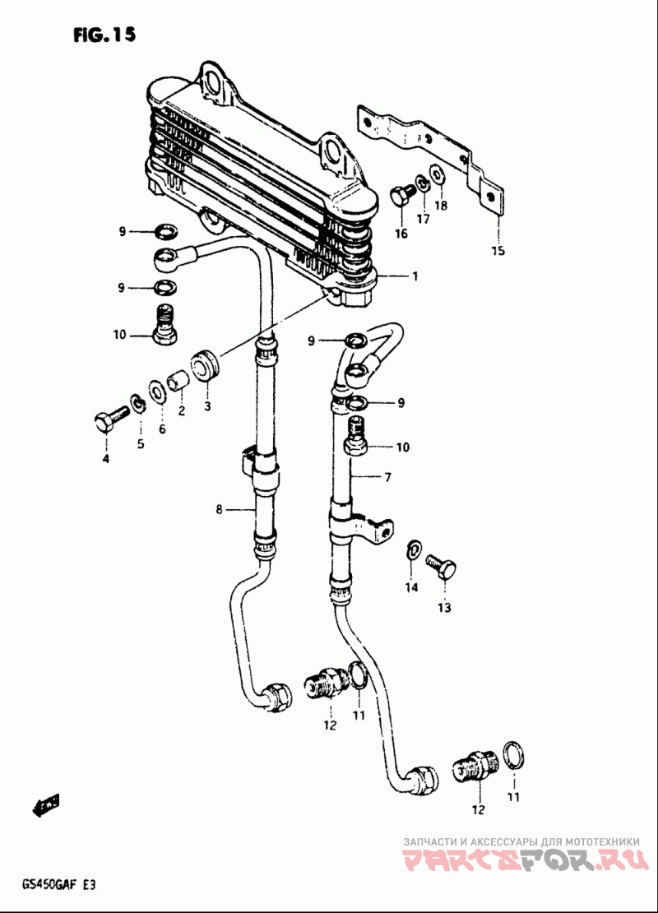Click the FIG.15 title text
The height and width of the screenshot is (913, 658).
[104, 35]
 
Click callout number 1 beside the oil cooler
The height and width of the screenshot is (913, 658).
[415, 276]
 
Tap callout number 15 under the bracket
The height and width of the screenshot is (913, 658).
[498, 251]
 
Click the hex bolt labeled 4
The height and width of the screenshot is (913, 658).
[110, 418]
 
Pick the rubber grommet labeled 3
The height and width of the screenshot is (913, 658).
[205, 366]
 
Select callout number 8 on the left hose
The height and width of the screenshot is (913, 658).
[219, 510]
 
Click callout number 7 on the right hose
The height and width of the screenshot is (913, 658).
[388, 477]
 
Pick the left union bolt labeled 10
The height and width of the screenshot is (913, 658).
[164, 323]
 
